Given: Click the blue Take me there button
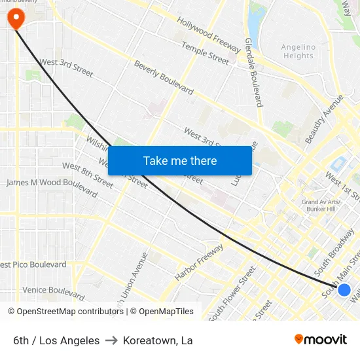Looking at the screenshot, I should (x=180, y=160).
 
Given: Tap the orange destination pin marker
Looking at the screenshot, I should (x=15, y=18).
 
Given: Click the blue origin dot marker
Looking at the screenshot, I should (x=344, y=289).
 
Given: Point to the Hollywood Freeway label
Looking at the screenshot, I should (x=209, y=35).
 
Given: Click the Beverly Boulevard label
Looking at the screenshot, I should (x=164, y=77).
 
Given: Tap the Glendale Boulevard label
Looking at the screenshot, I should (x=253, y=72).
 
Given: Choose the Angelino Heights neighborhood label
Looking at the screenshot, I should (x=298, y=51).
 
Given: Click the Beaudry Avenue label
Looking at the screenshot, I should (x=325, y=118).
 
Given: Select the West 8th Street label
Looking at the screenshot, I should (x=88, y=175).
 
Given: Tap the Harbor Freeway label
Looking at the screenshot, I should (x=199, y=262).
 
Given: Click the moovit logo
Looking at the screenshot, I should (x=321, y=339).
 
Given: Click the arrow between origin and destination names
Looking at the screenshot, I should (x=111, y=340).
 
